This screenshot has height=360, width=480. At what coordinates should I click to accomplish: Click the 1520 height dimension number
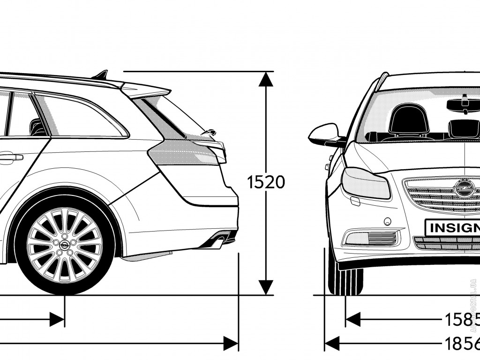pyautogui.click(x=266, y=182)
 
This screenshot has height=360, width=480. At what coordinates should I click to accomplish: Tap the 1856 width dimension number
pyautogui.click(x=462, y=343)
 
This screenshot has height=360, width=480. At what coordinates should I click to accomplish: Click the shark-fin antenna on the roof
pyautogui.click(x=102, y=75)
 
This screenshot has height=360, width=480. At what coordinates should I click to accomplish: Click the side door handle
pyautogui.click(x=11, y=157)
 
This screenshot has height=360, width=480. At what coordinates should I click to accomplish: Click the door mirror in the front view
pyautogui.click(x=323, y=135)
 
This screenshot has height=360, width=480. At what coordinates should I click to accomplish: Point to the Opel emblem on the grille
pyautogui.click(x=462, y=189)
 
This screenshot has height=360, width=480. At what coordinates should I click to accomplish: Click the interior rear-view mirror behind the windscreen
pyautogui.click(x=464, y=104)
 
